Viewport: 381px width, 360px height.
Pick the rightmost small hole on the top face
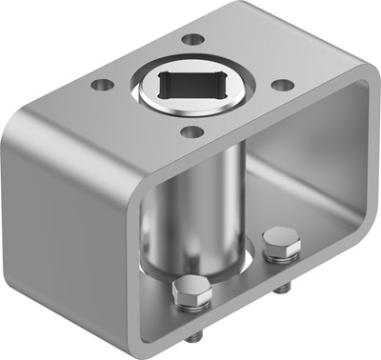[280, 84]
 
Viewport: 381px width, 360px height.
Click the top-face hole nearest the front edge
[190, 131]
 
